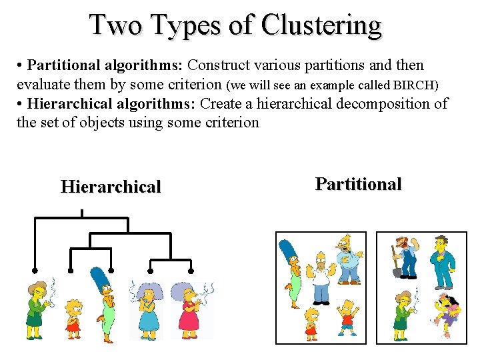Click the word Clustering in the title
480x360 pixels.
point(321,25)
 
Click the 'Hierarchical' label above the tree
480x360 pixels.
point(111,187)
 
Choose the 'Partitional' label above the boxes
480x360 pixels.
point(358,184)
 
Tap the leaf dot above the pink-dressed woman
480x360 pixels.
point(191,271)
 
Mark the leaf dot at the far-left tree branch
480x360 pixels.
point(34,271)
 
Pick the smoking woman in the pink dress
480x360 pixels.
point(190,309)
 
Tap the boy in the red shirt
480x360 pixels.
point(347,317)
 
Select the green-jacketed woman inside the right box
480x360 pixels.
point(402,314)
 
